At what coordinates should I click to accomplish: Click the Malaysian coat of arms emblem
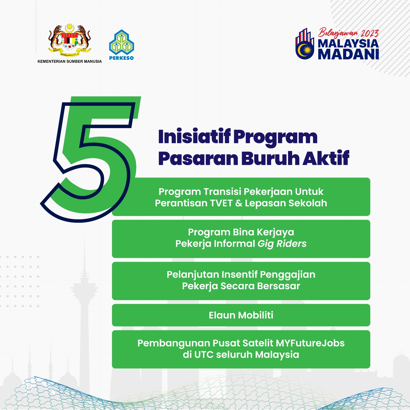point(69,39)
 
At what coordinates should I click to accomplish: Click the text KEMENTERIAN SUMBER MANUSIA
point(70,61)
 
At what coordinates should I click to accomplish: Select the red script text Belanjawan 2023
point(348,33)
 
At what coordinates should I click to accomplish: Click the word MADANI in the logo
point(348,54)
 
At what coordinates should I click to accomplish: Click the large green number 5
point(90,159)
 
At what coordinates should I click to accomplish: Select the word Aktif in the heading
point(326,158)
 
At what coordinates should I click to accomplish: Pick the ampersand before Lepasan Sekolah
point(239,203)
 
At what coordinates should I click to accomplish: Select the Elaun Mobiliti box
point(241,315)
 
